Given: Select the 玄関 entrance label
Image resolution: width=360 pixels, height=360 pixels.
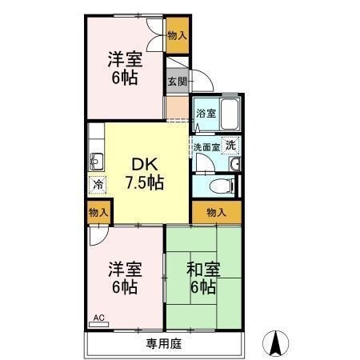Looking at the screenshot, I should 177,81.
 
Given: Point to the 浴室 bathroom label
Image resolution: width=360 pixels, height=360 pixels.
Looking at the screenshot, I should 206,113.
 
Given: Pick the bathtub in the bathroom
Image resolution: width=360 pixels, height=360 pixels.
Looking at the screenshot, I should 229,116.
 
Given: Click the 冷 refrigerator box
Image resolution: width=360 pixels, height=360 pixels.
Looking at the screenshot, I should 96,184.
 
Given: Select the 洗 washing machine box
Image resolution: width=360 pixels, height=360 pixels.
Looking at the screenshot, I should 230,146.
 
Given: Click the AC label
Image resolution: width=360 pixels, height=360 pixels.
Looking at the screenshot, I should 99,318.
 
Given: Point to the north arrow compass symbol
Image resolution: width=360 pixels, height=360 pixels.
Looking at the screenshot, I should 277,342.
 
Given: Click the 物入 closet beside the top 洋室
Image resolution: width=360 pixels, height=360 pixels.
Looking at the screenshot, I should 178,36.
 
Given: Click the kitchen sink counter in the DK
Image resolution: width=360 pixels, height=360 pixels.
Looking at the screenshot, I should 95,159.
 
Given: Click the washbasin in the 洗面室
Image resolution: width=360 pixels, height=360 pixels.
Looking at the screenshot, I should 235,165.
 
